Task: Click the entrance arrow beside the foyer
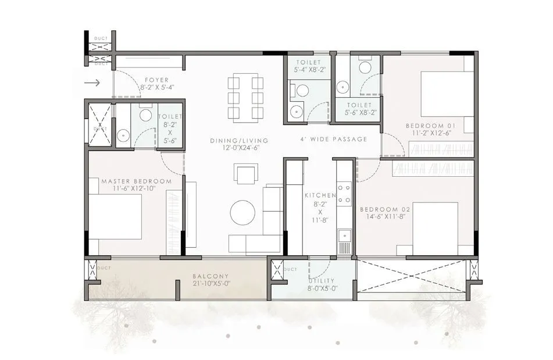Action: coord(92,83)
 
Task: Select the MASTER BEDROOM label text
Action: coord(136,181)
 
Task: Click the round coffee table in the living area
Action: coord(242,212)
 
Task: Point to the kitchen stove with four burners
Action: coord(344,194)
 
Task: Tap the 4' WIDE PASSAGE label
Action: coord(334,140)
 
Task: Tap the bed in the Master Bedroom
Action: coord(116,216)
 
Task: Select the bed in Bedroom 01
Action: coord(446,94)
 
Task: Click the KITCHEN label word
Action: coord(320,196)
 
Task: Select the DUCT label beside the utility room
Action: coord(291,269)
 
